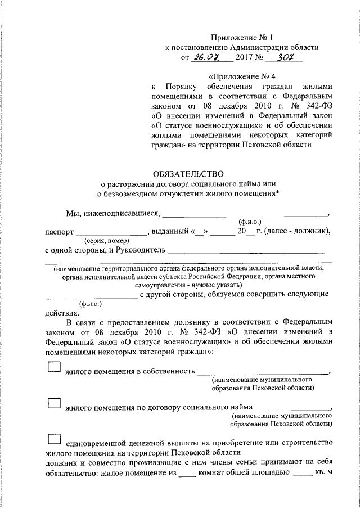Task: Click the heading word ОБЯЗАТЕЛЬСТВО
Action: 188,174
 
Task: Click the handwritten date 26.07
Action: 206,57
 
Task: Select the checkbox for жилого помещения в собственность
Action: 54,367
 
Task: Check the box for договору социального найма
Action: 54,403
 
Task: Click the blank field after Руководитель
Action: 246,249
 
